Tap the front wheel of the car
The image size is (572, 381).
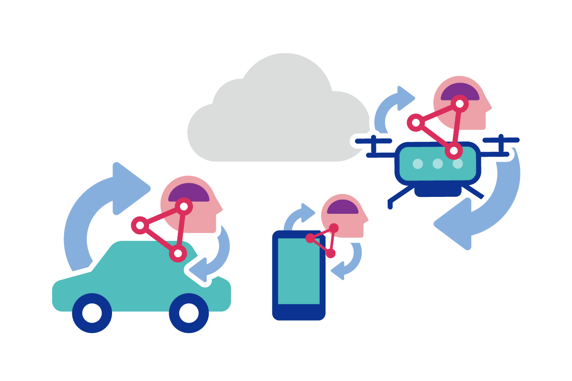pos(189,313)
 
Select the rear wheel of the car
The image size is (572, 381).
pos(92,313)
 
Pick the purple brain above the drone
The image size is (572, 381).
pos(460,93)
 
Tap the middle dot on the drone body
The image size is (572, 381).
pos(438,164)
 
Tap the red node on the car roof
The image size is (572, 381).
pos(178,253)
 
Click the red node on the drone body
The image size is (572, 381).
pos(454,150)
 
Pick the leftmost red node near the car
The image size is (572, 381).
pos(140,225)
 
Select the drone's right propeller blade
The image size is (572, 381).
pos(501,139)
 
